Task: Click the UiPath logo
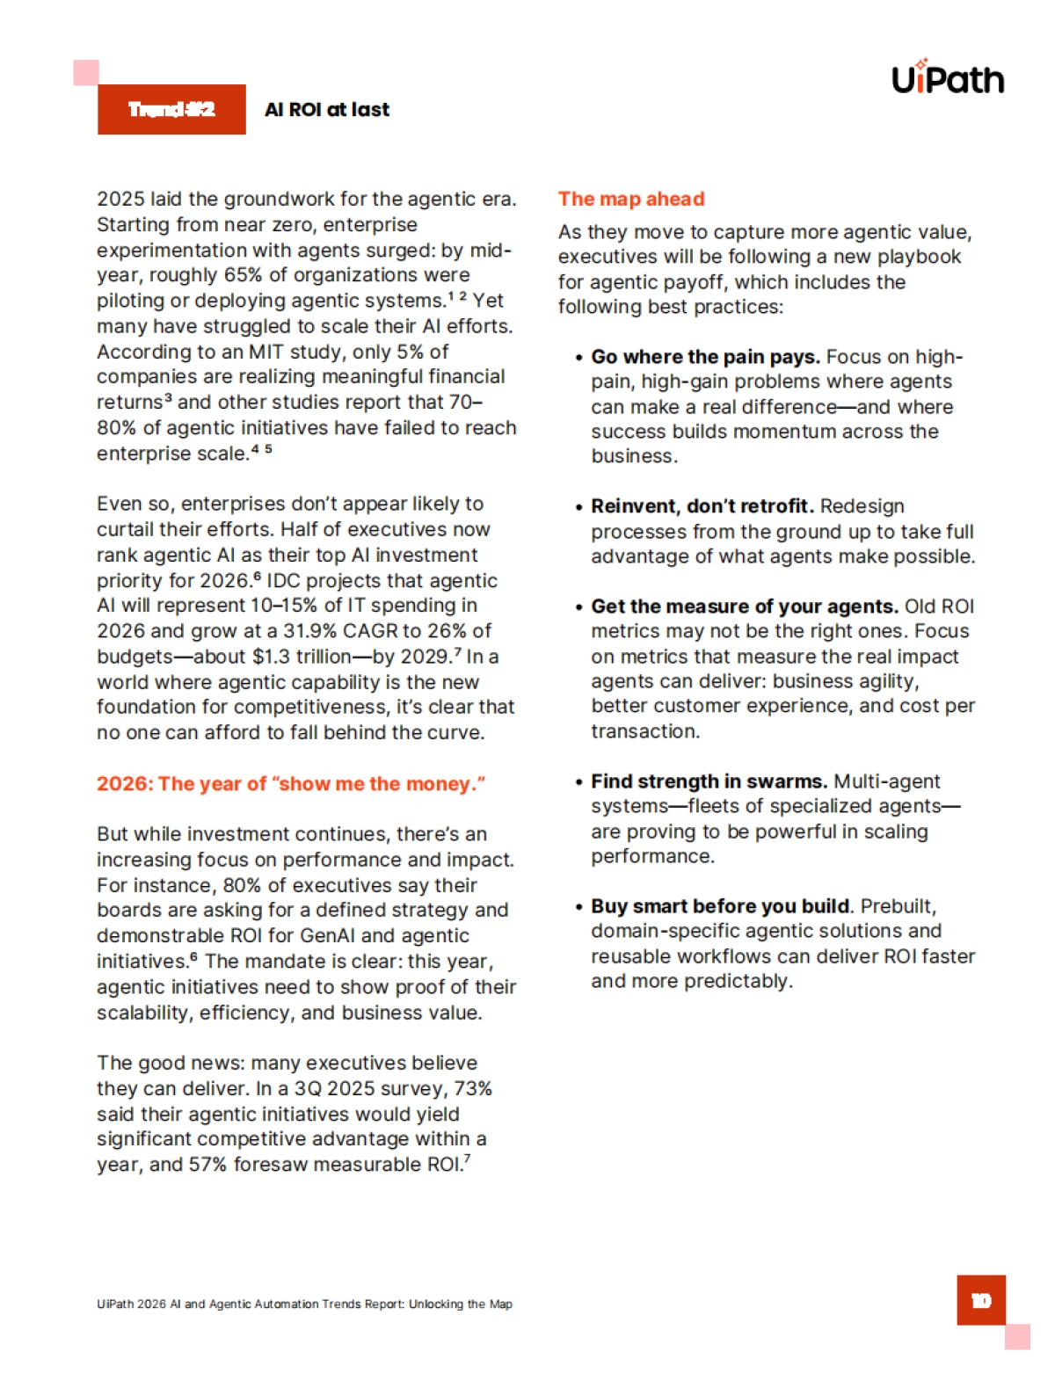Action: tap(947, 78)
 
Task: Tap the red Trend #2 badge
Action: tap(171, 109)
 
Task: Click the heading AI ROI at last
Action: tap(327, 110)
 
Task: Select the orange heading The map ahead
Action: tap(631, 199)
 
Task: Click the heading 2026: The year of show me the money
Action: tap(291, 783)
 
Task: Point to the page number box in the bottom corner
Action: tap(981, 1300)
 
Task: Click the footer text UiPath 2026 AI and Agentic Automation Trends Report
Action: tap(304, 1304)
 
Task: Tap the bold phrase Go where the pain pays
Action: tap(705, 357)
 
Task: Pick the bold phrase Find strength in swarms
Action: tap(709, 781)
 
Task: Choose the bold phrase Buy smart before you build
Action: tap(720, 906)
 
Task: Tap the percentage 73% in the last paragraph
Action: tap(473, 1088)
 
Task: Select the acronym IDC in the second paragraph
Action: tap(284, 581)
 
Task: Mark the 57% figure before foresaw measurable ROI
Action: tap(207, 1165)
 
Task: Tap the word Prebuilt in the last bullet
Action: tap(899, 906)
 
